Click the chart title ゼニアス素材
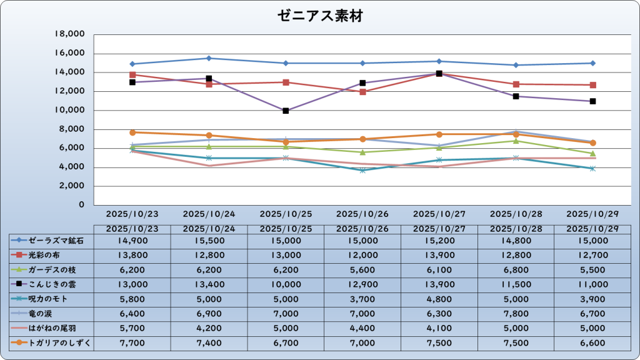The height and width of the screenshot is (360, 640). (x=320, y=16)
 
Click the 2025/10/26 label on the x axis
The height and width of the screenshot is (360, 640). (x=362, y=214)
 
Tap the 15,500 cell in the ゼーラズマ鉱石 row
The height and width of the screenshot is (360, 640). (x=209, y=240)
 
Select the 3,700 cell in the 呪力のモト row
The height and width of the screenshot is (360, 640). (x=362, y=299)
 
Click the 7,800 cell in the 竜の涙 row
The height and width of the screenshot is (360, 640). (x=516, y=313)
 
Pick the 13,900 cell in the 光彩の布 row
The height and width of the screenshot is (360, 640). (x=439, y=255)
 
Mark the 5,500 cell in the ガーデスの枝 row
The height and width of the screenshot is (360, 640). (x=593, y=269)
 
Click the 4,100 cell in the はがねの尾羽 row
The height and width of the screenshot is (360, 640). (x=439, y=327)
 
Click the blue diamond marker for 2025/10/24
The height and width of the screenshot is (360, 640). (x=209, y=58)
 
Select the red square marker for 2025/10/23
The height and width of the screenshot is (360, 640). (x=132, y=75)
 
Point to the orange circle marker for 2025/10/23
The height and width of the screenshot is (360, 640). (x=132, y=132)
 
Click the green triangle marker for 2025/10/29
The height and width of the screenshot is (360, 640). (x=593, y=153)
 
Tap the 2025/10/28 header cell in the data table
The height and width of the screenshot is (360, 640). (x=516, y=229)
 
